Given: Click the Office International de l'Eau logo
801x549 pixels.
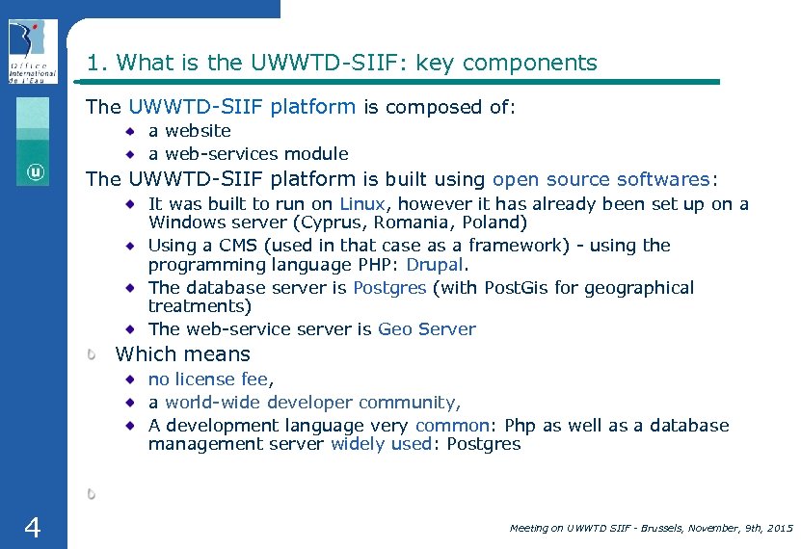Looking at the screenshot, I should pyautogui.click(x=33, y=52).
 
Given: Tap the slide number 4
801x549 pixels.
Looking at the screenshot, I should pyautogui.click(x=32, y=527).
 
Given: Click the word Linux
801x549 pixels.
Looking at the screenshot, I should pyautogui.click(x=362, y=204).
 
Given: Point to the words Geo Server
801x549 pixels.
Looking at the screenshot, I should pyautogui.click(x=426, y=329).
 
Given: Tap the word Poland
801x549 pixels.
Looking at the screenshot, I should pyautogui.click(x=494, y=222).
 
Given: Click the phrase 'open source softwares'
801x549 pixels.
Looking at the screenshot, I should pyautogui.click(x=601, y=180).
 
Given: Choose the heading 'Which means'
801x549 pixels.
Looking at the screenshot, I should pyautogui.click(x=182, y=354).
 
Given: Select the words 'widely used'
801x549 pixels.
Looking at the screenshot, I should pyautogui.click(x=381, y=444).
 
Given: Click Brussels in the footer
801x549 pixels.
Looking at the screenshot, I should pyautogui.click(x=654, y=528).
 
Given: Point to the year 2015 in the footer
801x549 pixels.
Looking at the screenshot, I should pyautogui.click(x=777, y=528).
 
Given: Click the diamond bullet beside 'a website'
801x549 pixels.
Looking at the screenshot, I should pyautogui.click(x=129, y=130).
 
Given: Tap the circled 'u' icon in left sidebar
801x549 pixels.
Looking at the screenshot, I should pyautogui.click(x=35, y=172).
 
